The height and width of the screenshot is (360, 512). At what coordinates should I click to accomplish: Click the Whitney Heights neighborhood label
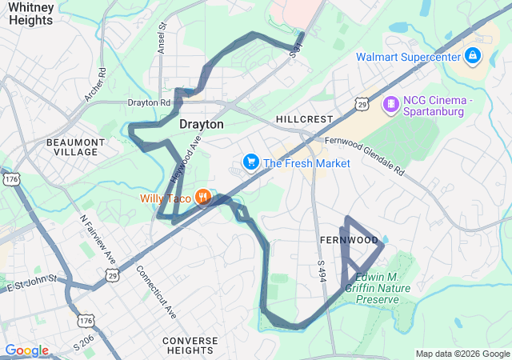point(32,13)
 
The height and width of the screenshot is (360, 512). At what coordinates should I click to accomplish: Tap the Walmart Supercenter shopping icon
point(473,56)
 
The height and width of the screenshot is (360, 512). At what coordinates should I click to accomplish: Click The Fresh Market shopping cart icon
point(251,163)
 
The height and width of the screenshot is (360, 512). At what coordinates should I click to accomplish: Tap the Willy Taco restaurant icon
point(203,197)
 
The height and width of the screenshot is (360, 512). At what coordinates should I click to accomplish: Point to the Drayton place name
point(201,125)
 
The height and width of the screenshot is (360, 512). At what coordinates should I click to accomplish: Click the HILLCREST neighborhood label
point(303,118)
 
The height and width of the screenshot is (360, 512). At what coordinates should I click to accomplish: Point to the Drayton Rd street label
point(150,102)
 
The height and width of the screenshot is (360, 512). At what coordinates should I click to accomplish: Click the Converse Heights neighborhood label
point(190,346)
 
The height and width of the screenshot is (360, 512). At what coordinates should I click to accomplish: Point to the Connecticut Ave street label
point(156,292)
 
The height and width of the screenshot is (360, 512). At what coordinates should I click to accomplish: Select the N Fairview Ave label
point(98,240)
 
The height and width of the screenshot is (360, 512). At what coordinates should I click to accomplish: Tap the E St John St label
point(32,282)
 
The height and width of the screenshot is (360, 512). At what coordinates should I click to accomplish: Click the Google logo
point(26,350)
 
